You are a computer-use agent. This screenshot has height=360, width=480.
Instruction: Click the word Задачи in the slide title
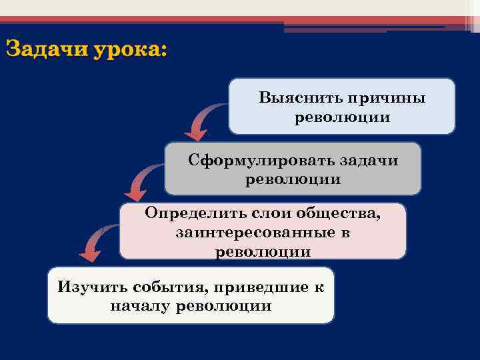47,50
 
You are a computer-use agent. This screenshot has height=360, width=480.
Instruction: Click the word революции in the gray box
293,179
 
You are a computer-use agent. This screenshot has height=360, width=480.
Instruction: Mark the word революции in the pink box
263,252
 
